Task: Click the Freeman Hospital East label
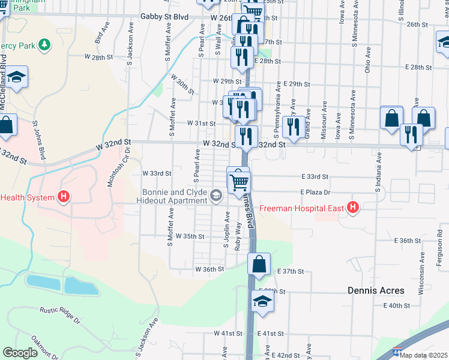pos(301,209)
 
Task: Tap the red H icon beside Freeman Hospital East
pos(353,208)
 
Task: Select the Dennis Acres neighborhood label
pos(376,290)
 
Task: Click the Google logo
pos(20,352)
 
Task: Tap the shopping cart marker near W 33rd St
pos(238,181)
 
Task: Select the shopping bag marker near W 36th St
pos(259,264)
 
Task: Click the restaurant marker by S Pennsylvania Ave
pos(293,126)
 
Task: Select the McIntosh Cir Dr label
pos(118,169)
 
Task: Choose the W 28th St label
pos(99,57)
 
